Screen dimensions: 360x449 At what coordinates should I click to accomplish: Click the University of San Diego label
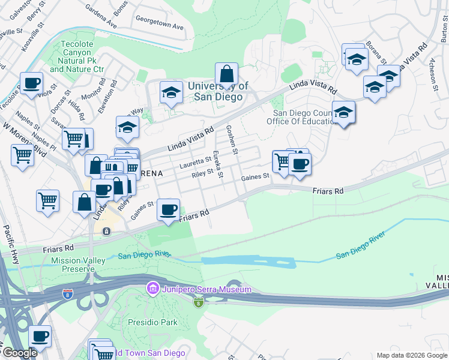[x=218, y=91]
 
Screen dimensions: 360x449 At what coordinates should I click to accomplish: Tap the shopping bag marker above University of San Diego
[x=226, y=74]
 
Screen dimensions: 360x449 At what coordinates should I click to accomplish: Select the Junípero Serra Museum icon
[x=152, y=290]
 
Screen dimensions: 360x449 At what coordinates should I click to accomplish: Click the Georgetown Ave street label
[x=159, y=27]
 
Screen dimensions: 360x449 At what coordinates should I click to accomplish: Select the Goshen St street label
[x=232, y=139]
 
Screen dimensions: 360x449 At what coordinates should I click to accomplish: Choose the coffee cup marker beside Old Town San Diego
[x=40, y=337]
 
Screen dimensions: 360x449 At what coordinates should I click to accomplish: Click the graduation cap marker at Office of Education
[x=343, y=112]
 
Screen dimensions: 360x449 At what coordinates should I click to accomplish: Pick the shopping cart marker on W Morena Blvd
[x=22, y=155]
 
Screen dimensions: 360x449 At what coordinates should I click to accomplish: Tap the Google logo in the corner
[x=19, y=353]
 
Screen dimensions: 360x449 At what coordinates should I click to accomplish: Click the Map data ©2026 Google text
[x=411, y=355]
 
